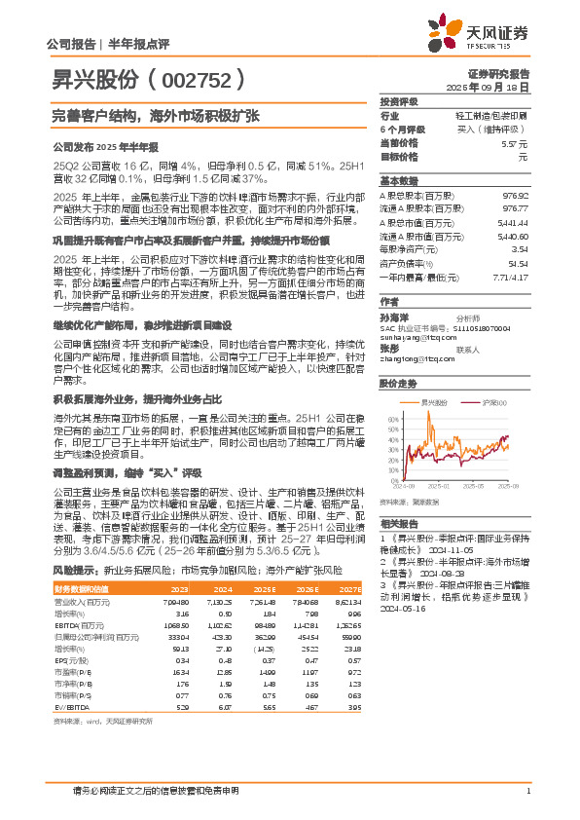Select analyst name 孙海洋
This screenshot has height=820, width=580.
point(393,317)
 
